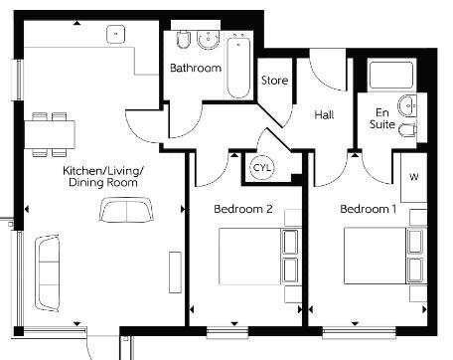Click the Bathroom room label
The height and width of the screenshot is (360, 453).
click(195, 69)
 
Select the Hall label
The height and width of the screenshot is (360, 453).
click(324, 115)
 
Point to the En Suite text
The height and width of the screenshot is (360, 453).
click(382, 119)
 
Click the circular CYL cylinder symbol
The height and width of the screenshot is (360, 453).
click(262, 167)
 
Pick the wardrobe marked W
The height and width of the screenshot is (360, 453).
click(412, 177)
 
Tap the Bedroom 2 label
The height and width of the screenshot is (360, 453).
click(243, 210)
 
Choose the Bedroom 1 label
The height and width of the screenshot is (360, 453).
click(368, 210)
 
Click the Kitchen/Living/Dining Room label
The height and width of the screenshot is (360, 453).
click(103, 177)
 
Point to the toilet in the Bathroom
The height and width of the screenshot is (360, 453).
click(183, 40)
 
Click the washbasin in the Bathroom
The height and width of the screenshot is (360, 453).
click(207, 40)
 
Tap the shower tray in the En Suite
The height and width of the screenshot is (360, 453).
click(390, 76)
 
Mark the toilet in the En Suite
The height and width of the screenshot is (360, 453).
click(407, 130)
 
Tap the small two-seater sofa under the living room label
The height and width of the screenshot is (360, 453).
click(126, 211)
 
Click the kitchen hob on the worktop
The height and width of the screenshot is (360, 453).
click(118, 33)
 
